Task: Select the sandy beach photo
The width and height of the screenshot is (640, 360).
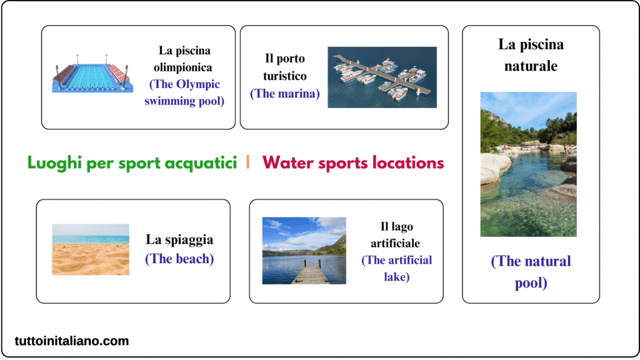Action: (91, 249)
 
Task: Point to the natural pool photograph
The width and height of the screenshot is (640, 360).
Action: (528, 164)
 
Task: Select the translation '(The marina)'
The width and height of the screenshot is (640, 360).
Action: (284, 94)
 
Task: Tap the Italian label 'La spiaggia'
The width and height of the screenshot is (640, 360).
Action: (179, 239)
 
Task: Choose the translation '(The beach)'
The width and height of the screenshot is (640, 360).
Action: (179, 258)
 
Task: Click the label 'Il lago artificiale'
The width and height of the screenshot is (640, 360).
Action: (396, 234)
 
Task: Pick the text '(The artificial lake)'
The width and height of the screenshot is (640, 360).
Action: (396, 268)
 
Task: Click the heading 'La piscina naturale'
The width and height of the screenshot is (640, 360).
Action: (531, 54)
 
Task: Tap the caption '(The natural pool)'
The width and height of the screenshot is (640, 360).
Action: (531, 271)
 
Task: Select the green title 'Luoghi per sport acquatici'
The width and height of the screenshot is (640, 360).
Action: (132, 163)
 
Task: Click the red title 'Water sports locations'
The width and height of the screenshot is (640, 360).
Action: (353, 163)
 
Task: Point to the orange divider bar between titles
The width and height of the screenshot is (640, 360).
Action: (248, 162)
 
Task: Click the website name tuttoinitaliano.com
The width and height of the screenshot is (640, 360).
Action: (72, 341)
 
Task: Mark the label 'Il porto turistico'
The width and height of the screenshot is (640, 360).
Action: (284, 67)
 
